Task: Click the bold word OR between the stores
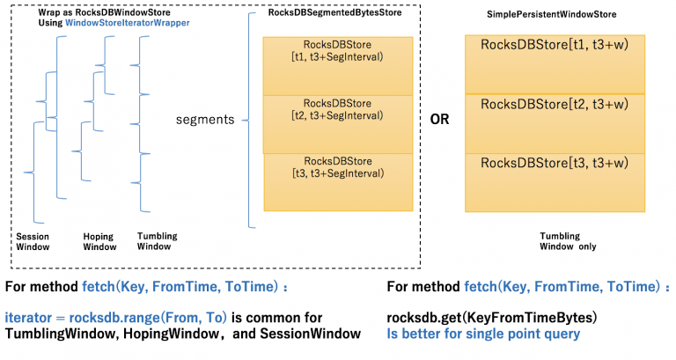438,119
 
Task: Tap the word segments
205,119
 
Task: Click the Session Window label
33,241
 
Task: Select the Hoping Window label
98,241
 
